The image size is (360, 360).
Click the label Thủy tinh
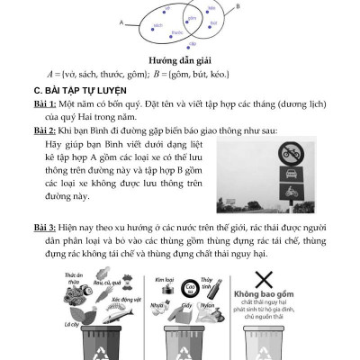point(208,283)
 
